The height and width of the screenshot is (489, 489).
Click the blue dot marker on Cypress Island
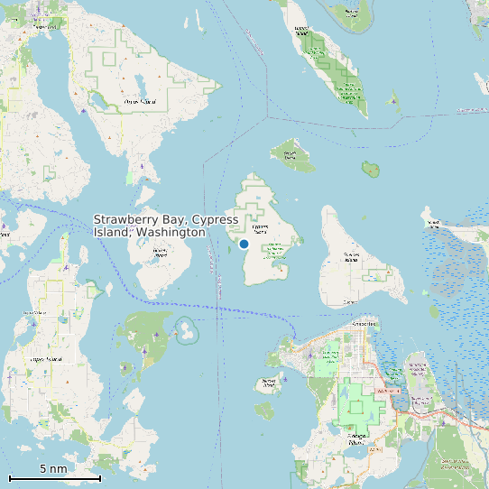click(244, 244)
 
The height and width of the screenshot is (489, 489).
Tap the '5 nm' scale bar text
click(53, 469)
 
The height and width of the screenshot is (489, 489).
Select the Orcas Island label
click(140, 102)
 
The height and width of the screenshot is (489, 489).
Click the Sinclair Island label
click(291, 153)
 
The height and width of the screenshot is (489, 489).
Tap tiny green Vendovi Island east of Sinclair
click(370, 168)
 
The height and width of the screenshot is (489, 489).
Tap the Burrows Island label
click(268, 383)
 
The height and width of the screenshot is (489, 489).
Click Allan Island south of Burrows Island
click(263, 411)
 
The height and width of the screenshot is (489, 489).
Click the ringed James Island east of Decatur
click(185, 330)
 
